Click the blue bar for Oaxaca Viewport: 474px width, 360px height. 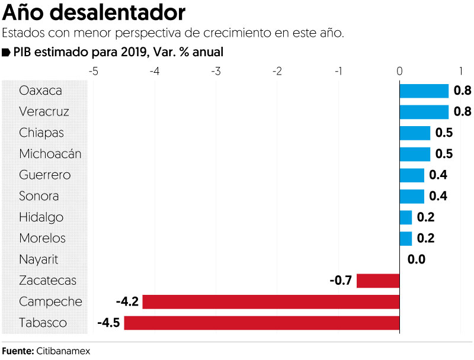coord(424,91)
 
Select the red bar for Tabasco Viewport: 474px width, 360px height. coord(261,323)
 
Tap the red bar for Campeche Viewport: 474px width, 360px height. coord(271,302)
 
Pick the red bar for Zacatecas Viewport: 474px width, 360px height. coord(378,281)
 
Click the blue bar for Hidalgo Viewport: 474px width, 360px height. coord(406,217)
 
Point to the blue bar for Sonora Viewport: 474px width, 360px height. coord(412,196)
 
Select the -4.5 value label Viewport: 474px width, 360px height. coord(108,323)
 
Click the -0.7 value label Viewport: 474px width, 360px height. coord(341,281)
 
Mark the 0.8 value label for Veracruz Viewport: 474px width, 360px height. coord(462,112)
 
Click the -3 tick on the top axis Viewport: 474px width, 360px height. coord(216,71)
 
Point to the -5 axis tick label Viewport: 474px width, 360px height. coord(93,71)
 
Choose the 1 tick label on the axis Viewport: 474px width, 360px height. coord(461,71)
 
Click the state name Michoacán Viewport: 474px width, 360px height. coord(50,154)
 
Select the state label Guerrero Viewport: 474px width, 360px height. coord(45,175)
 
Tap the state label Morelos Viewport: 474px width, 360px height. coord(42,239)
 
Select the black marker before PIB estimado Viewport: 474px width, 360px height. coord(7,52)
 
